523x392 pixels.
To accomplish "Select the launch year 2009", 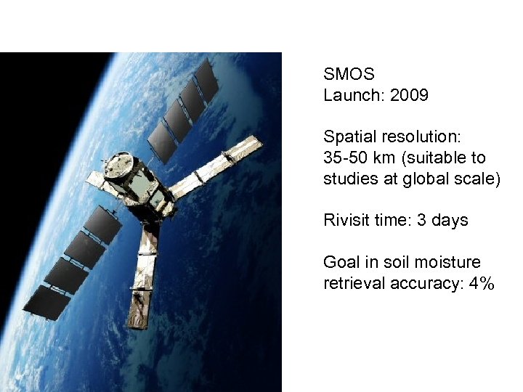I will click(x=409, y=95).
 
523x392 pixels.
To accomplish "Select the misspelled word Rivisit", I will click(x=347, y=220).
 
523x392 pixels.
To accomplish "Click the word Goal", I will click(x=341, y=262).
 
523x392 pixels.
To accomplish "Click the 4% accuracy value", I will click(x=482, y=283).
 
